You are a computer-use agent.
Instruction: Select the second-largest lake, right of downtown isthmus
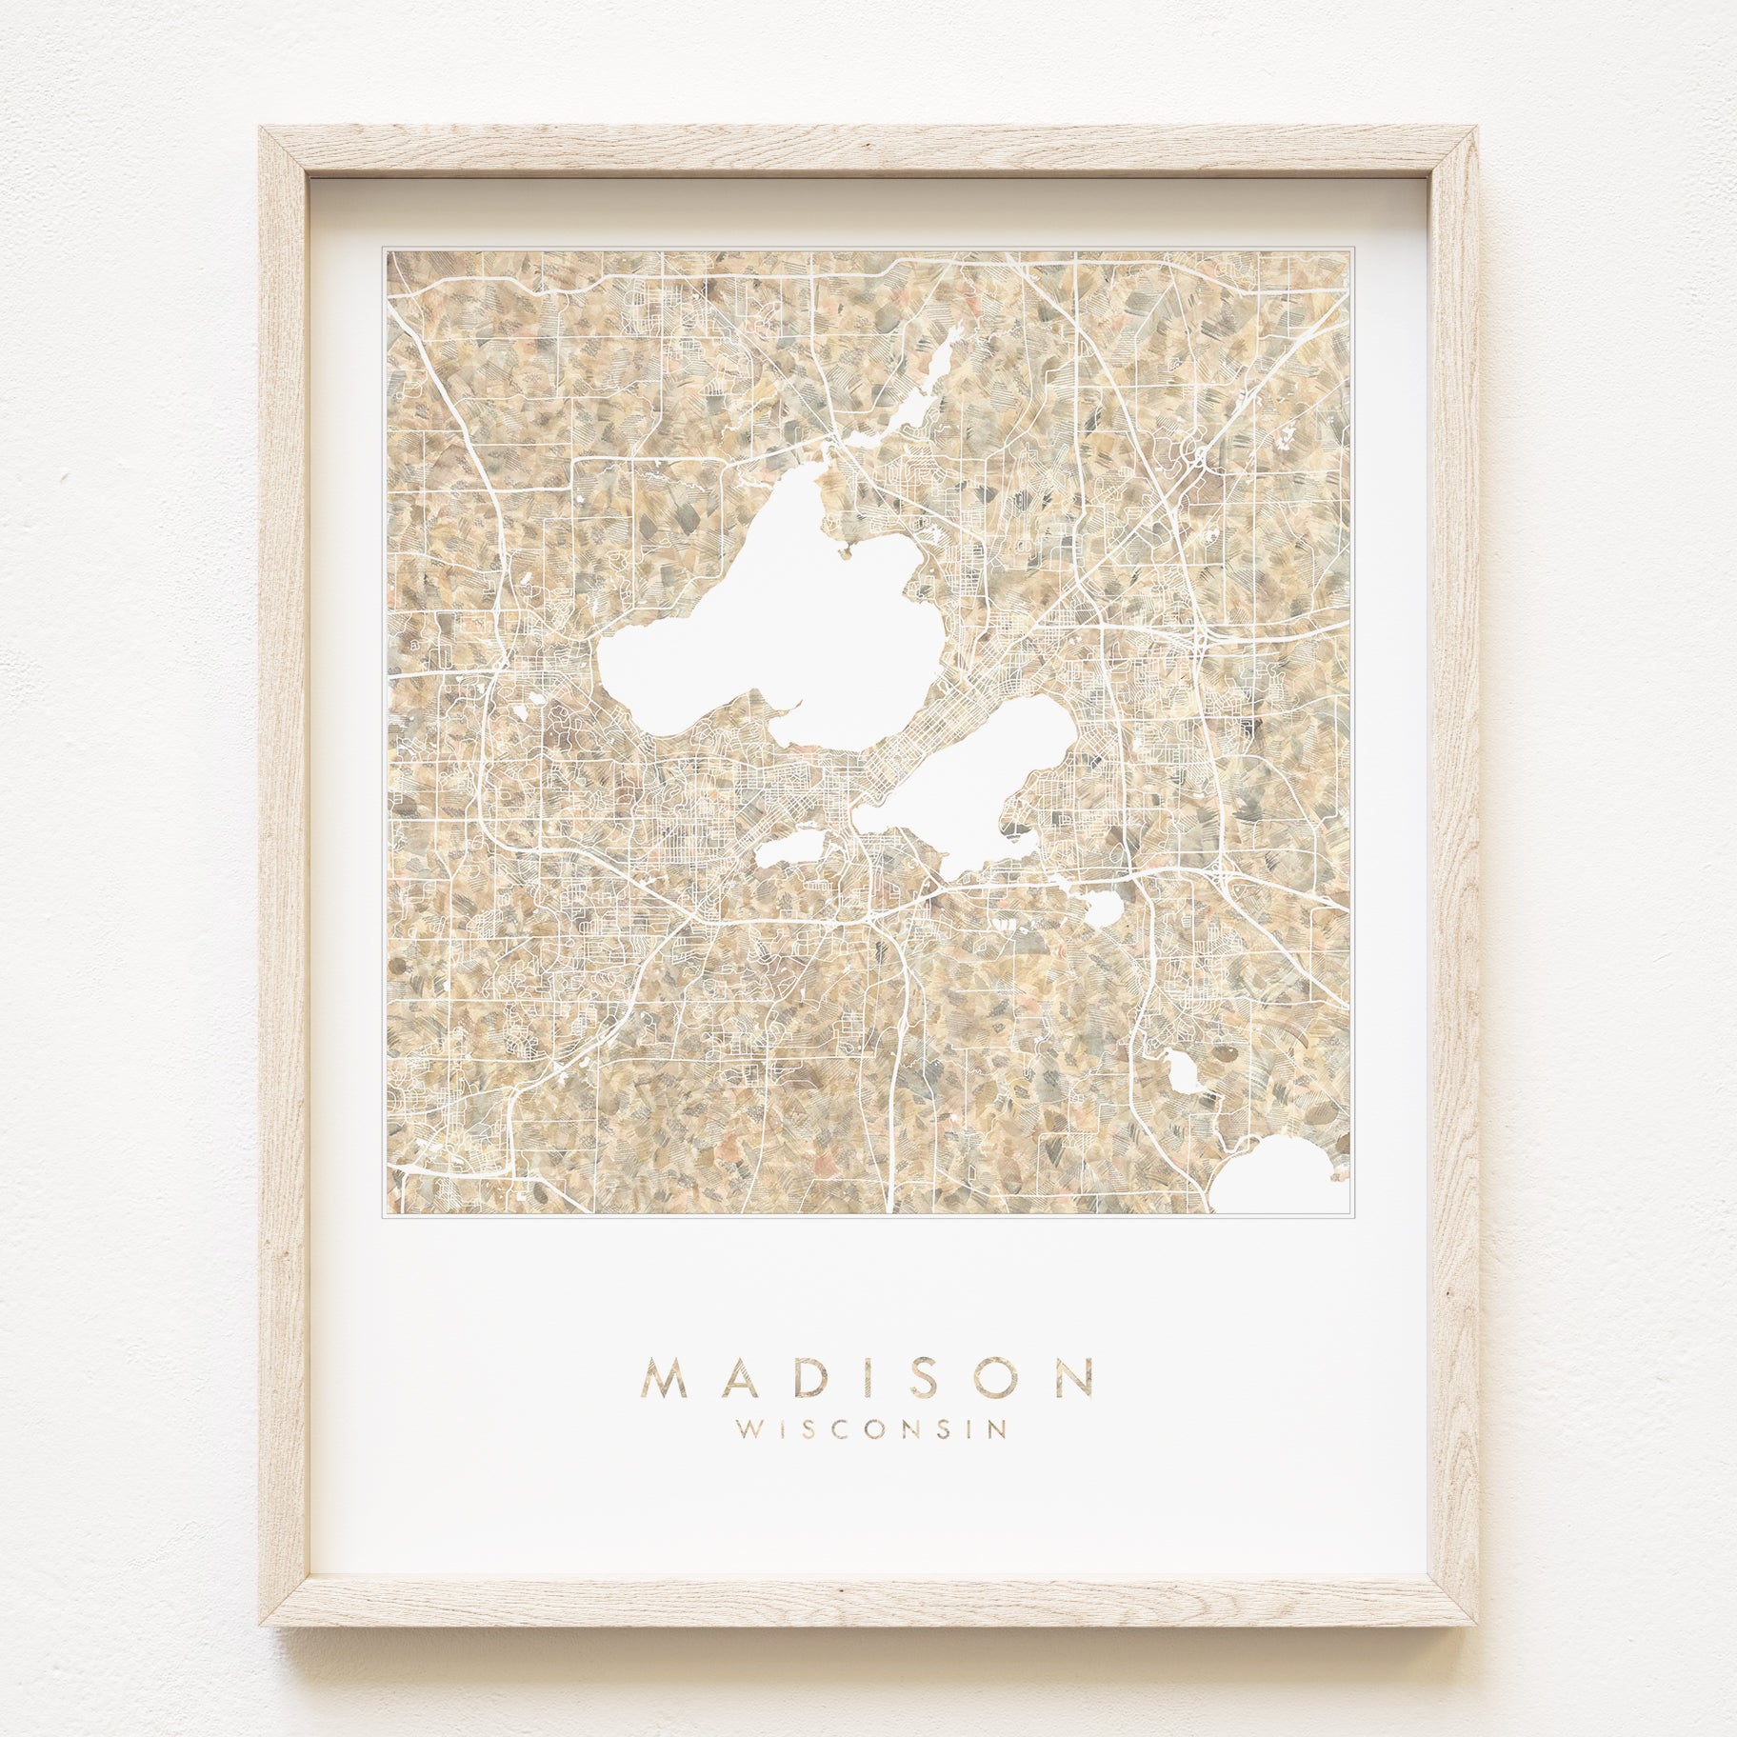962,790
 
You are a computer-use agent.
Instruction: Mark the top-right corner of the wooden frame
1475,129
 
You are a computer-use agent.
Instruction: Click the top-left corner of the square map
386,250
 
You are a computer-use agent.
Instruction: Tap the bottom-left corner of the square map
386,1214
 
